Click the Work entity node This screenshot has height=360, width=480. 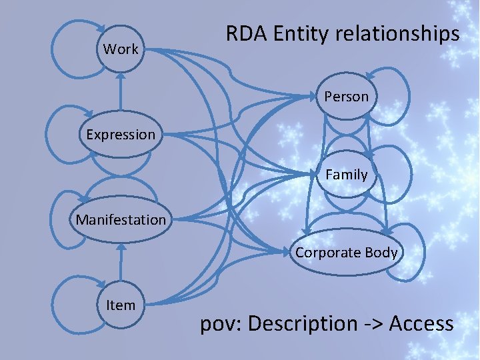pos(121,49)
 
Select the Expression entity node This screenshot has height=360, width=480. pos(121,135)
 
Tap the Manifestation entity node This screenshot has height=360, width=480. pos(121,219)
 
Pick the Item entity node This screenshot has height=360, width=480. pos(121,305)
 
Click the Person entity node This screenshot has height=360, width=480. pos(346,97)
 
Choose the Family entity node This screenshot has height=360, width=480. pos(346,175)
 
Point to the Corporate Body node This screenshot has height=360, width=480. pos(346,253)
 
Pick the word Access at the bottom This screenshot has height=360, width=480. pos(421,324)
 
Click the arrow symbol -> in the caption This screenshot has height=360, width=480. pos(374,324)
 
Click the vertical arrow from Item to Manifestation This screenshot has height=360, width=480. pos(120,263)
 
